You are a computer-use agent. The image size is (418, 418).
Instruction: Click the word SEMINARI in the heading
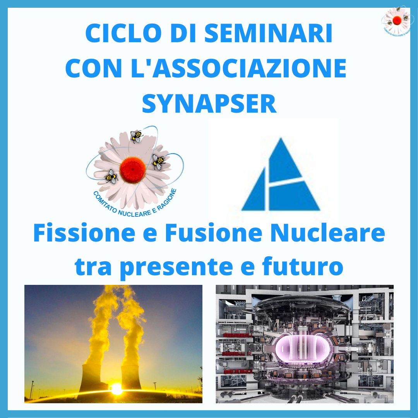point(268,33)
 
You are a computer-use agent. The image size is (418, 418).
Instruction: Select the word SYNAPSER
point(209,103)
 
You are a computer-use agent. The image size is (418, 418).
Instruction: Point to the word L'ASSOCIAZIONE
point(238,68)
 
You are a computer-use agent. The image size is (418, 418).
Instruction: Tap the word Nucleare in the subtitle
point(328,233)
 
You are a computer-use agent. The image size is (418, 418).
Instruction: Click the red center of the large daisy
point(132,170)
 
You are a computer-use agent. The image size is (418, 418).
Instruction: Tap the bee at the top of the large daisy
point(137,136)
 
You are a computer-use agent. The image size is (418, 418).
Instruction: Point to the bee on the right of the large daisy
point(159,161)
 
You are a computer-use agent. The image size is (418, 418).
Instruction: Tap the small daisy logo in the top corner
point(397,21)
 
